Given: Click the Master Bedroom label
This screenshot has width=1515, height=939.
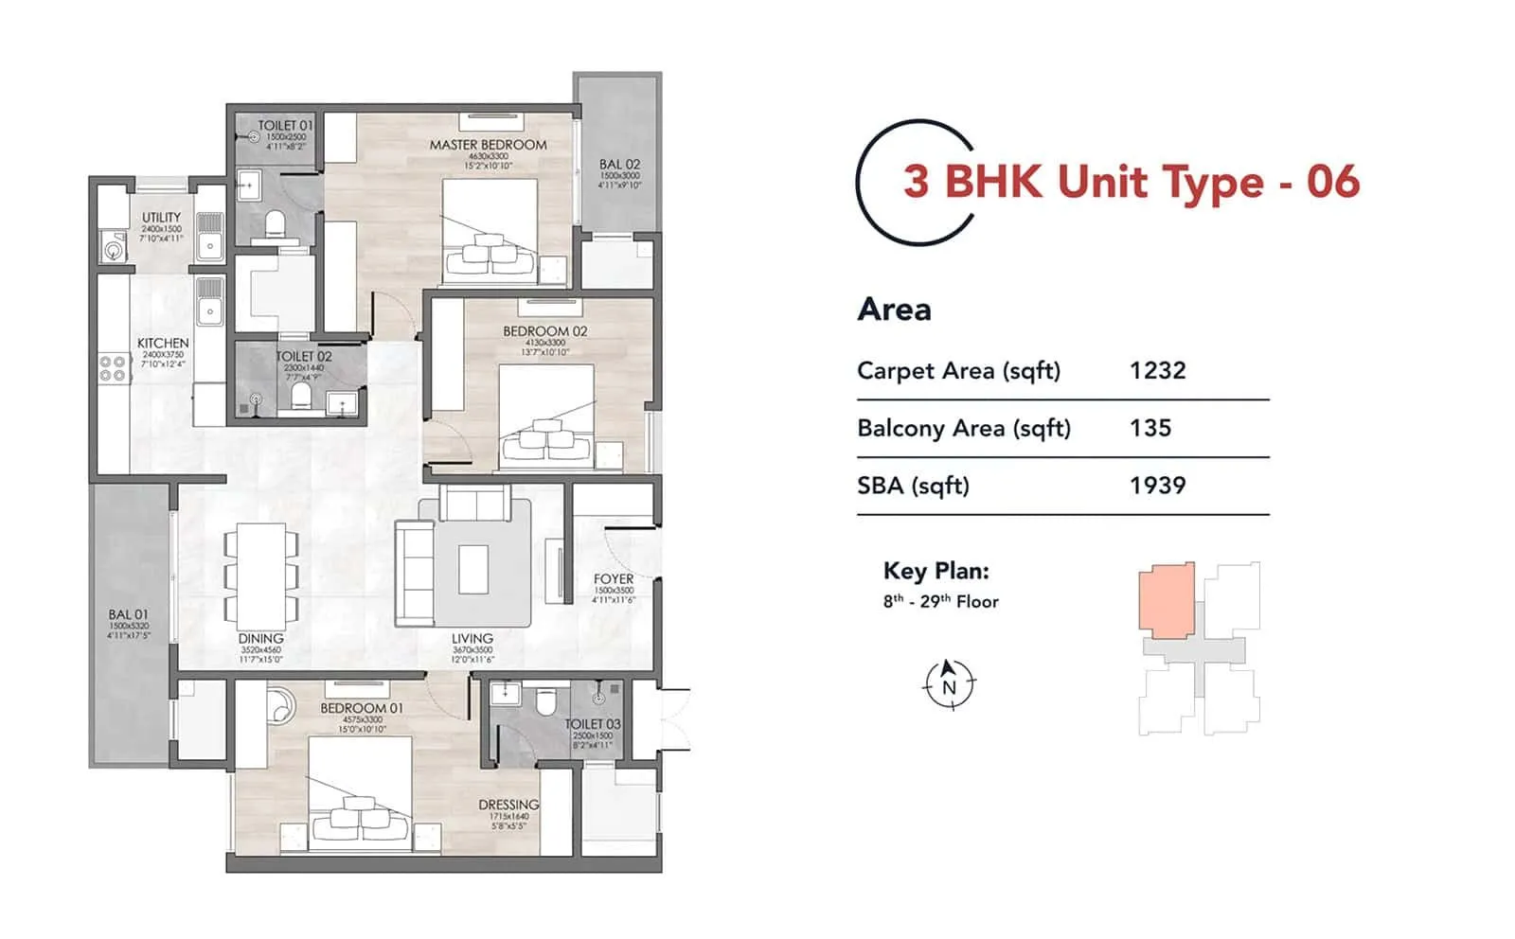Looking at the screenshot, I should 488,145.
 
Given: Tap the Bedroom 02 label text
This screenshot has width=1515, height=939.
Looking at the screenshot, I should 544,331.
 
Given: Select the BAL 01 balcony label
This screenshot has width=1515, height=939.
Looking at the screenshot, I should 128,614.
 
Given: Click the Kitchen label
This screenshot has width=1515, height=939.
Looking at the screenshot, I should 163,343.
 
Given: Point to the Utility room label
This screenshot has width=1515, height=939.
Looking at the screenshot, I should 161,217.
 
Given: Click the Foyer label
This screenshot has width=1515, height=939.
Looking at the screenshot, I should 613,578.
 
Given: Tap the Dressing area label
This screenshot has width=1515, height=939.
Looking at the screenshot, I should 508,805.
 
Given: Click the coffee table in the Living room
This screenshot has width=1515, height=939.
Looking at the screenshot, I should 473,569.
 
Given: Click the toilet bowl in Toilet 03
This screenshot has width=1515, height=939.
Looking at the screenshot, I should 545,701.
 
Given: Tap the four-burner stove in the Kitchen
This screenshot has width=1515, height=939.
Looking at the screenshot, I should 113,368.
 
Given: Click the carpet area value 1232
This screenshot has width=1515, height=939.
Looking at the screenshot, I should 1157,370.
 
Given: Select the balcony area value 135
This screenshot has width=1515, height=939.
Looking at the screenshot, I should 1150,428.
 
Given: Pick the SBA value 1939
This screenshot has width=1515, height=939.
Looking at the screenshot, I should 1157,486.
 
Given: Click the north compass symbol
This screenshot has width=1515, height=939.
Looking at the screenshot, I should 949,684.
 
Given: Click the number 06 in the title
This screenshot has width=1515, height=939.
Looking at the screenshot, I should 1333,182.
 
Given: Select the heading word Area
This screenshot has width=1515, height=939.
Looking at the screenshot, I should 894,310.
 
